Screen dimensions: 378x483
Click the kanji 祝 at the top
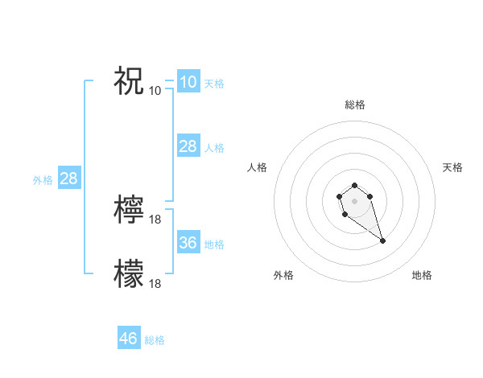coord(129,80)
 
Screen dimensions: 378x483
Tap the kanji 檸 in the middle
coord(129,209)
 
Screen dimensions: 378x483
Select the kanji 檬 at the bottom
coord(129,273)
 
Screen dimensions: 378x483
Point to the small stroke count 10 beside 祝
coord(155,90)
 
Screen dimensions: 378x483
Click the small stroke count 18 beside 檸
coord(155,219)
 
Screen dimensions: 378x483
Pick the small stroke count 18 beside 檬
coord(155,283)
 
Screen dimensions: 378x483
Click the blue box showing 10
coord(188,82)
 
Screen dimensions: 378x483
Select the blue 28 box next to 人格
coord(188,146)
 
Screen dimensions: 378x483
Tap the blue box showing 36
coord(188,243)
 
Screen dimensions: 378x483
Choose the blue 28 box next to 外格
coord(68,179)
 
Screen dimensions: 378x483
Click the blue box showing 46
coord(129,339)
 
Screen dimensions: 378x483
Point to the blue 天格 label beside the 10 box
coord(214,84)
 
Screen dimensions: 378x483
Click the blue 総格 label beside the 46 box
coord(155,340)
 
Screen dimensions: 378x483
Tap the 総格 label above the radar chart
coord(354,105)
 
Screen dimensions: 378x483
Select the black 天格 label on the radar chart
coord(452,167)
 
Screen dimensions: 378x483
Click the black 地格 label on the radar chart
coord(422,275)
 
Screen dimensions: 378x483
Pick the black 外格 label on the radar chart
coord(283,275)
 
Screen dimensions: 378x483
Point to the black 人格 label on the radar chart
coord(258,167)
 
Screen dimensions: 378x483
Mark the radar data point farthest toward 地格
coord(382,240)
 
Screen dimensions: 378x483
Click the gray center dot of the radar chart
coord(354,199)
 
